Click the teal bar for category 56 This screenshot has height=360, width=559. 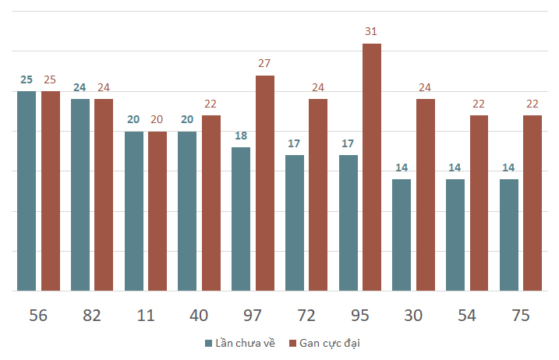pyautogui.click(x=27, y=191)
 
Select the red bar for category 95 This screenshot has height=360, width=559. pyautogui.click(x=372, y=168)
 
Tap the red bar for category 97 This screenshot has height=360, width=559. pyautogui.click(x=265, y=183)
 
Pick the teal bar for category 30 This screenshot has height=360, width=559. pyautogui.click(x=402, y=235)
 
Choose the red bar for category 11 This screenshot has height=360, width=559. pyautogui.click(x=157, y=211)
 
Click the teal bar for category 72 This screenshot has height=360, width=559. pyautogui.click(x=295, y=223)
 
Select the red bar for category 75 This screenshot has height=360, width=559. pyautogui.click(x=532, y=203)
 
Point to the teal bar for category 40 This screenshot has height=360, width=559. pyautogui.click(x=187, y=211)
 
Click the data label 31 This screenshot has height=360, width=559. pyautogui.click(x=371, y=31)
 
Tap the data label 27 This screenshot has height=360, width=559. pyautogui.click(x=264, y=63)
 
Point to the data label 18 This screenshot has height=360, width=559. pyautogui.click(x=241, y=136)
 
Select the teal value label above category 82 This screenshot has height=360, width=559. pyautogui.click(x=80, y=87)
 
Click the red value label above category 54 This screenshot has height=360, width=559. pyautogui.click(x=479, y=104)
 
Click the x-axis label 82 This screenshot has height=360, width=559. pyautogui.click(x=92, y=316)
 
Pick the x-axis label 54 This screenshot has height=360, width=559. pyautogui.click(x=467, y=316)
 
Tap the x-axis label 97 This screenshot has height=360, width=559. pyautogui.click(x=253, y=316)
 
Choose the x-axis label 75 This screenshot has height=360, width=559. pyautogui.click(x=521, y=316)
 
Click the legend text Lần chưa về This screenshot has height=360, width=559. pyautogui.click(x=246, y=343)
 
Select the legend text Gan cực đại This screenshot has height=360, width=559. pyautogui.click(x=330, y=344)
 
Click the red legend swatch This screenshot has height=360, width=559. pyautogui.click(x=292, y=344)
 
